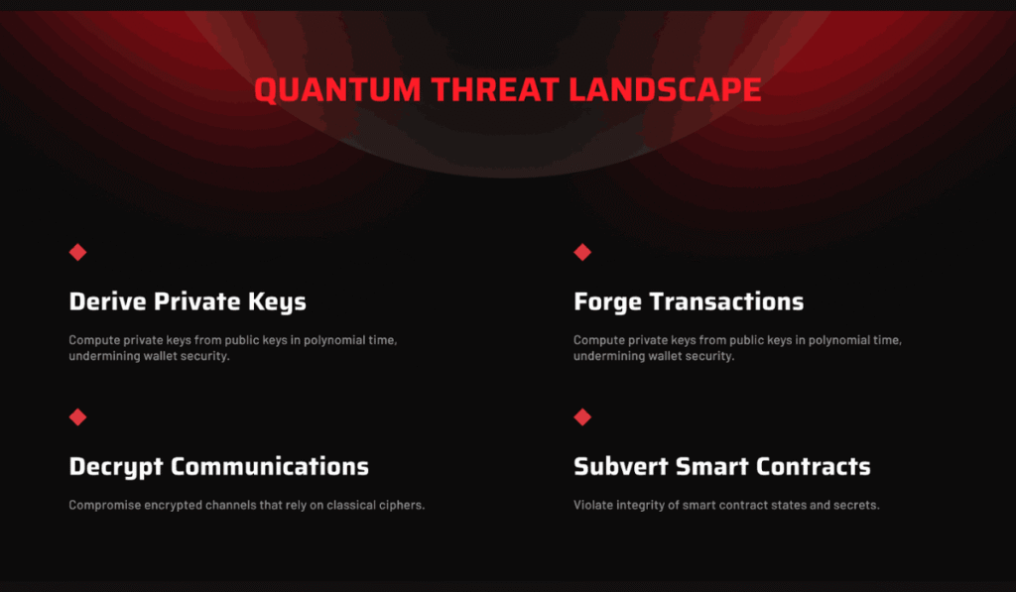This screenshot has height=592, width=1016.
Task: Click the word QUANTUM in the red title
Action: coord(337,90)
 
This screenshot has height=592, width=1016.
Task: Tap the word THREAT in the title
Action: coord(496,89)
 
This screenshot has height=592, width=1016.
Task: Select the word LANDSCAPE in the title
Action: coord(666,89)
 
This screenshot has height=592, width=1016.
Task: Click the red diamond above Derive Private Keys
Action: coord(77,252)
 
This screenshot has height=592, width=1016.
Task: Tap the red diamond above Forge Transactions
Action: coord(582,252)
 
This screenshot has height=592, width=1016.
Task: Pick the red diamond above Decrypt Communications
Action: coord(77,417)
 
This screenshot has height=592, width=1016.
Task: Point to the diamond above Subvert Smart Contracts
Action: coord(582,417)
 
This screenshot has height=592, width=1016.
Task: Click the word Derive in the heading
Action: coord(107,301)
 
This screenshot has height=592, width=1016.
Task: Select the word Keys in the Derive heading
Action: coord(278,302)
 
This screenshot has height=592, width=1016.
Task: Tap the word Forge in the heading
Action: coord(608,302)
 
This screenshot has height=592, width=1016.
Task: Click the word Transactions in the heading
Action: coord(727,301)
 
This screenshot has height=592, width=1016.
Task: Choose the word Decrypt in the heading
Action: coord(116,468)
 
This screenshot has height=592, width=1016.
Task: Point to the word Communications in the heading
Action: coord(270,466)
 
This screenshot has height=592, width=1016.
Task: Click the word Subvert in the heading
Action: coord(621,466)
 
